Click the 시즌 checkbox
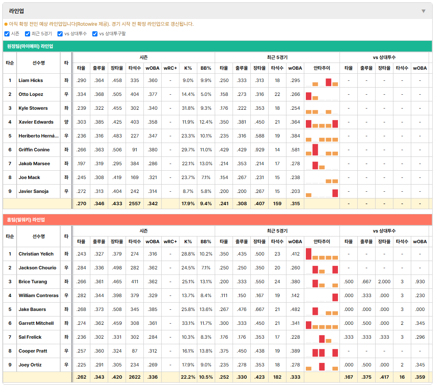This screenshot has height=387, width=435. pos(7,34)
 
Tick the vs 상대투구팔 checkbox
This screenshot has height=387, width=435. pos(95,34)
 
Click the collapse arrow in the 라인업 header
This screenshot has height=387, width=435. pos(424,11)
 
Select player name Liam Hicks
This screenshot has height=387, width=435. pos(31,80)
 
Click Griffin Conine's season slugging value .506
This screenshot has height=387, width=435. pos(117,150)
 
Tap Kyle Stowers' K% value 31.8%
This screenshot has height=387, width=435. pos(188,108)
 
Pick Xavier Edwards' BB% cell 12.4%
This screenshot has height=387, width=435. pos(206,122)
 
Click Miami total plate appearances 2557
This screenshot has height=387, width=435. pos(135,204)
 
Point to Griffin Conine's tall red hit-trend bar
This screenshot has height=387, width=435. pos(315,150)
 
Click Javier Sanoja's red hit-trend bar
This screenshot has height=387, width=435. pos(335,193)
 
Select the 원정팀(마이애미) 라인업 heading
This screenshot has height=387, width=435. pos(30,46)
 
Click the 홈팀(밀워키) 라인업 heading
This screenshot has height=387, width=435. pos(26,220)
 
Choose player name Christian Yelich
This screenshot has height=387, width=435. pos(36,254)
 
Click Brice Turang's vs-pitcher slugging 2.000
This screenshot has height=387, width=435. pos(384,282)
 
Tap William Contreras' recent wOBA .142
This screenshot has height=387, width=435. pos(295,295)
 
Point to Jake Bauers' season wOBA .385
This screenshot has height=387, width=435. pos(153,309)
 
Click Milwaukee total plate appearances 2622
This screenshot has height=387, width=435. pos(135,377)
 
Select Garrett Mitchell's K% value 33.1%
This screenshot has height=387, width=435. pos(188,323)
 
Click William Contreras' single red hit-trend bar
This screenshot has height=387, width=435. pos(335,297)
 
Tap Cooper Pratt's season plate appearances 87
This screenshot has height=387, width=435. pos(135,351)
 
